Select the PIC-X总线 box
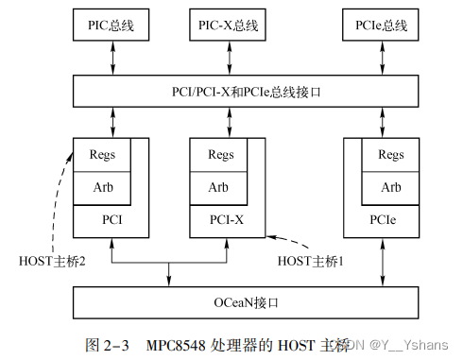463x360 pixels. click(229, 26)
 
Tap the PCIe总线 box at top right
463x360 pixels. click(381, 26)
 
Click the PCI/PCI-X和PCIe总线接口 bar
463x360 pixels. click(248, 92)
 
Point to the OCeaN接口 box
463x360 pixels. click(248, 303)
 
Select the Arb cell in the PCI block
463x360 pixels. click(102, 187)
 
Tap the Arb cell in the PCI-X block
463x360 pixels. click(219, 187)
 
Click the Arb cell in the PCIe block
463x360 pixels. click(390, 187)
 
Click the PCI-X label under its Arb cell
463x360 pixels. click(226, 219)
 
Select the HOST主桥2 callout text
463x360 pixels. click(53, 261)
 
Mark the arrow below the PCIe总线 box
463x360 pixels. click(381, 58)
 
